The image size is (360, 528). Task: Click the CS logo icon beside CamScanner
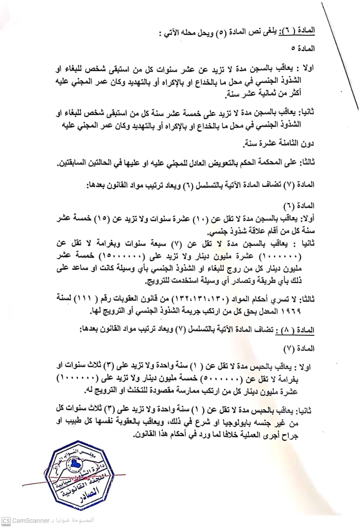(x=5, y=520)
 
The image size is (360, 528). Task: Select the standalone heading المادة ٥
(x=305, y=48)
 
